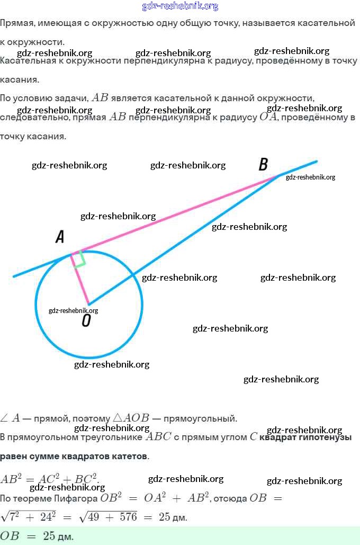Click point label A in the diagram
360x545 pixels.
(x=60, y=237)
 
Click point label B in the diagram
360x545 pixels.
(x=263, y=164)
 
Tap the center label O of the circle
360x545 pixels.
(x=86, y=321)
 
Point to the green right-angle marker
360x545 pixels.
(x=79, y=260)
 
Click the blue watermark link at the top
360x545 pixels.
(x=180, y=6)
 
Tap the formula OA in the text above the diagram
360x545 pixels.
(x=268, y=117)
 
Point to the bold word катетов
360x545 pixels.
(x=127, y=456)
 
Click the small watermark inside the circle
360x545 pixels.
(x=73, y=311)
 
